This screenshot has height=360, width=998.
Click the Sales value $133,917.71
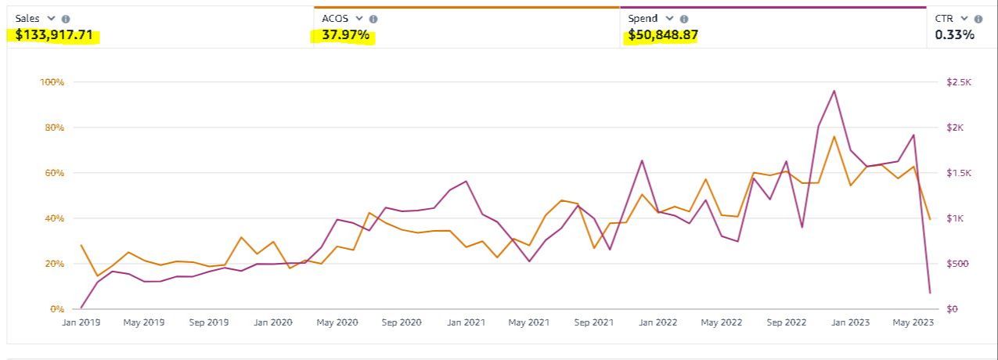pyautogui.click(x=54, y=35)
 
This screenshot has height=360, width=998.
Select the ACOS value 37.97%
pyautogui.click(x=345, y=35)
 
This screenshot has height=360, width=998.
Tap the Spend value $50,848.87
pyautogui.click(x=662, y=35)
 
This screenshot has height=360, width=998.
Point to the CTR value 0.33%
pyautogui.click(x=954, y=35)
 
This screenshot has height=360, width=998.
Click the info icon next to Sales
pyautogui.click(x=66, y=19)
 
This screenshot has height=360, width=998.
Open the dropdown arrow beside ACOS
pyautogui.click(x=359, y=19)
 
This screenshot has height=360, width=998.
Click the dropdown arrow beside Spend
pyautogui.click(x=670, y=19)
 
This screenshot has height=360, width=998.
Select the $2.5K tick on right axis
pyautogui.click(x=959, y=82)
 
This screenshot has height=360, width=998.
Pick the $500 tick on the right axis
pyautogui.click(x=957, y=264)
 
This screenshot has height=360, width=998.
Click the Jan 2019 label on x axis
pyautogui.click(x=81, y=322)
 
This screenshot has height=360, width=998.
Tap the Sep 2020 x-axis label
pyautogui.click(x=402, y=322)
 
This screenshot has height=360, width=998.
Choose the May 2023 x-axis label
pyautogui.click(x=913, y=322)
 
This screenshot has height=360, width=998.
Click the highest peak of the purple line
pyautogui.click(x=834, y=91)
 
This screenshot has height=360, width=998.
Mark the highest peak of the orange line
pyautogui.click(x=834, y=137)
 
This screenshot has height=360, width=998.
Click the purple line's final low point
pyautogui.click(x=930, y=293)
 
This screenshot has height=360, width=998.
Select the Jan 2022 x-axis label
pyautogui.click(x=658, y=322)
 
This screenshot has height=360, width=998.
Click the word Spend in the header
pyautogui.click(x=643, y=19)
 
